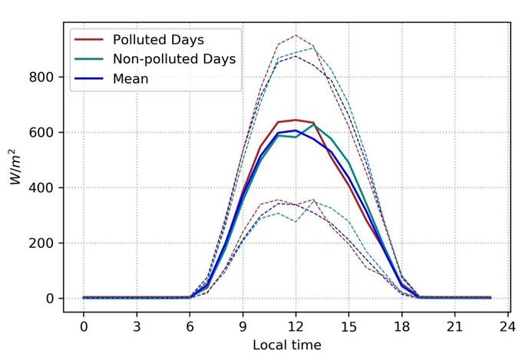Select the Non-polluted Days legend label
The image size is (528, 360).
coord(174,58)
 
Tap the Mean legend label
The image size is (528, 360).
coord(131,78)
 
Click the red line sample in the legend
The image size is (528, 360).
coord(88,39)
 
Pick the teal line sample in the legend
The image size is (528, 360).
coord(88,58)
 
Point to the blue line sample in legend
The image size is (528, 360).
coord(88,78)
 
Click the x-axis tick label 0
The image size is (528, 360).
coord(84,325)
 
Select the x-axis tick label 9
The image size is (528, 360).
coord(243,325)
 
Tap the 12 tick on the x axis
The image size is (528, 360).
coord(295,325)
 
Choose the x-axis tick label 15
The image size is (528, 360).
coord(348,325)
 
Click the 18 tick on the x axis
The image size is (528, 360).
coord(401,325)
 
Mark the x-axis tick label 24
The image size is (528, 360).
coord(507,325)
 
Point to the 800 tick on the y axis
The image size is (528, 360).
coord(45,77)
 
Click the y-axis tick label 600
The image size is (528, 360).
coord(45,132)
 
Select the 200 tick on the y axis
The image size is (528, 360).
coord(45,243)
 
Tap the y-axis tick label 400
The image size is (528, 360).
coord(45,187)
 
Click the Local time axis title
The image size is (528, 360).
coord(287,345)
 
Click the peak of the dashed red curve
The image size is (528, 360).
coord(295,35)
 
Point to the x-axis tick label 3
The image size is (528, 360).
coord(137,325)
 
